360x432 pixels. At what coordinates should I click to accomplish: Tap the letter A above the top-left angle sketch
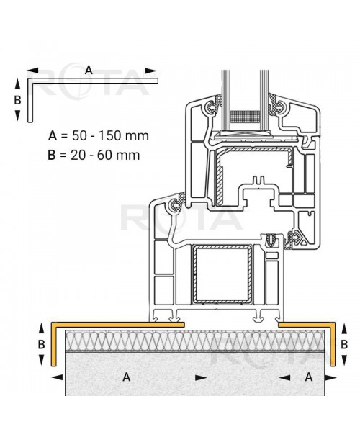point(89,70)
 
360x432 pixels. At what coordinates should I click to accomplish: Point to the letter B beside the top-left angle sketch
point(18,100)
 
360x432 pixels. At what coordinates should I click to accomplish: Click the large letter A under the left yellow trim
point(127,376)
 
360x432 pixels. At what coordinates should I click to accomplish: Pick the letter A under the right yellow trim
point(309,376)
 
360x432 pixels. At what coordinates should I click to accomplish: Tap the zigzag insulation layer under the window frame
point(194,341)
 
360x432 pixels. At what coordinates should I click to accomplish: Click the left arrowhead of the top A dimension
point(30,71)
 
